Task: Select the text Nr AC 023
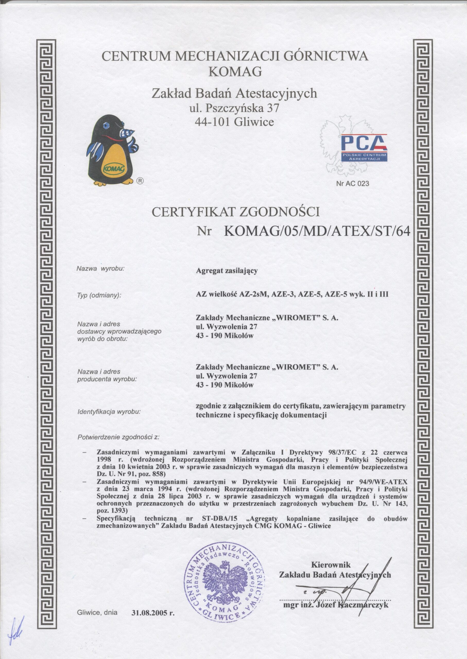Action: (x=352, y=183)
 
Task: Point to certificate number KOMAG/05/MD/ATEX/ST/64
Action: (x=316, y=231)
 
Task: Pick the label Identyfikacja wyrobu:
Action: (x=109, y=412)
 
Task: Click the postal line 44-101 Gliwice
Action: (x=234, y=122)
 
